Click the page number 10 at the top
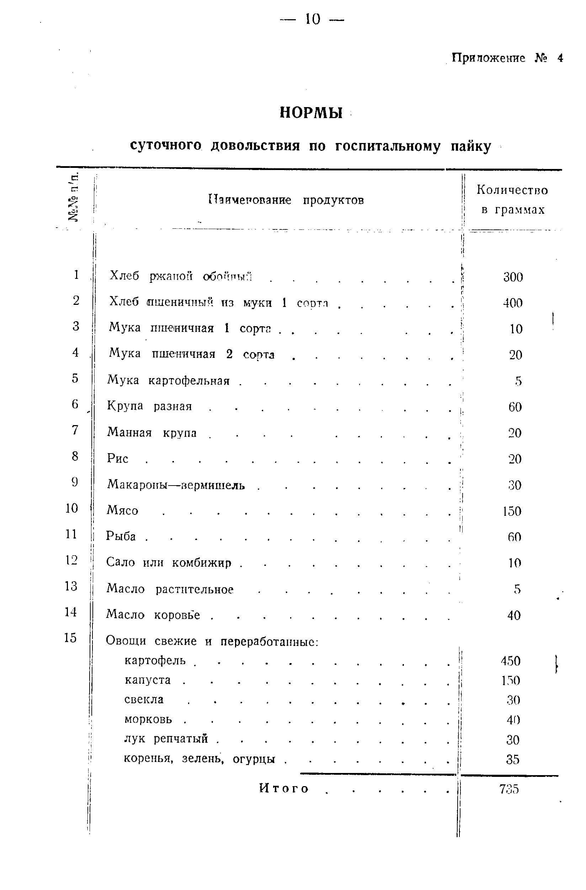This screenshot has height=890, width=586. (x=313, y=19)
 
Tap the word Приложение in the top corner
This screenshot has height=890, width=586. (x=488, y=58)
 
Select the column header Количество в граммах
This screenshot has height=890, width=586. (x=512, y=200)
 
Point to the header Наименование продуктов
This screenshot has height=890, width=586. (x=286, y=200)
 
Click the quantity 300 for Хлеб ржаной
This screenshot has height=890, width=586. (x=513, y=277)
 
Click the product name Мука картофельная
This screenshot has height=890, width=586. (x=168, y=380)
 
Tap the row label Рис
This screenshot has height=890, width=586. (x=117, y=458)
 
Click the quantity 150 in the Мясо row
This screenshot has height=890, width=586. (x=512, y=511)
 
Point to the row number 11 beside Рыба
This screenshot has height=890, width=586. (x=71, y=534)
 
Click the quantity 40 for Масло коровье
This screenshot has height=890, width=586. (x=514, y=615)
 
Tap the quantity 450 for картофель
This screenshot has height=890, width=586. (x=511, y=661)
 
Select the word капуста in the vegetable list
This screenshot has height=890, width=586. (x=148, y=680)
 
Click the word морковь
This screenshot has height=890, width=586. (x=148, y=719)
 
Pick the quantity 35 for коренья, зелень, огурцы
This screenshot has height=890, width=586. (x=513, y=759)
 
